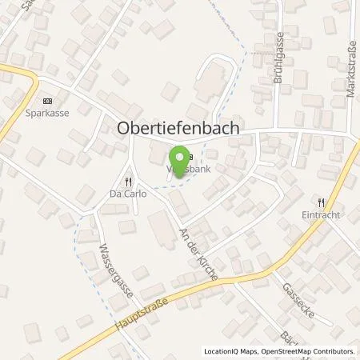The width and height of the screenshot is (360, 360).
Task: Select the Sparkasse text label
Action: coord(47,114)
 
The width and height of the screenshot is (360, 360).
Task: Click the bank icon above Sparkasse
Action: coord(46,101)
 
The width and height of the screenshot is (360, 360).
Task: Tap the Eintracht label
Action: coord(323,214)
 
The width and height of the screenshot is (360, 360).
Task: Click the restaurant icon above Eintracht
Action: coord(322,202)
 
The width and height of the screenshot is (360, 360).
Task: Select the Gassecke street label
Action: coord(294,301)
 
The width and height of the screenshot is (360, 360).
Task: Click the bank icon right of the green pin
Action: coord(190,157)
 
